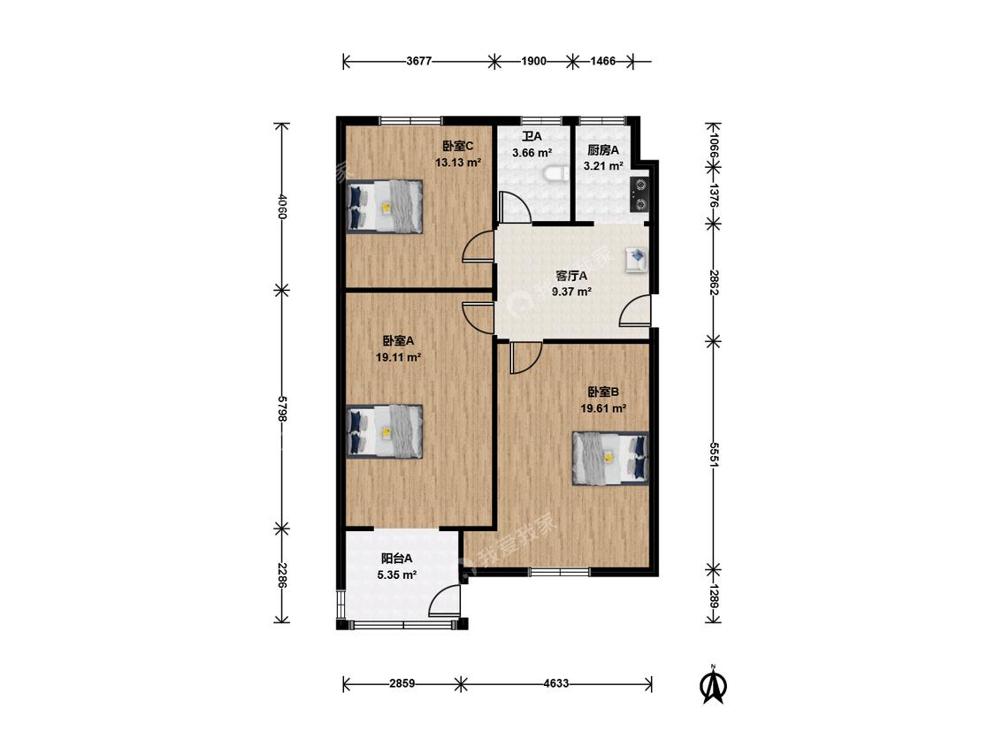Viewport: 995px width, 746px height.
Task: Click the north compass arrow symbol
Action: [x=713, y=685]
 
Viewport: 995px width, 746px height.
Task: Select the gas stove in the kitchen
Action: [x=639, y=194]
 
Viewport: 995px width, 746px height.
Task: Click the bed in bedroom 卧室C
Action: [x=384, y=207]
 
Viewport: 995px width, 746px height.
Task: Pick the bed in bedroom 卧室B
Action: [x=610, y=459]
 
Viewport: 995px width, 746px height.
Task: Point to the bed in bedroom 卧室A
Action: [x=384, y=431]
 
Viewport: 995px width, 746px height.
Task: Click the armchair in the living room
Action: [x=637, y=260]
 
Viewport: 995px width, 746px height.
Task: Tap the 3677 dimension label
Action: [x=419, y=62]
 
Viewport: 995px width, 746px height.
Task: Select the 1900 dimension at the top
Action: [x=533, y=62]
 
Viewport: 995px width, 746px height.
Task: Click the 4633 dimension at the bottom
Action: [x=556, y=684]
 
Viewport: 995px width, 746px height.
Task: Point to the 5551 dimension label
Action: [x=713, y=454]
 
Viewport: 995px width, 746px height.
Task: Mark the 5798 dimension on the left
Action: [x=283, y=408]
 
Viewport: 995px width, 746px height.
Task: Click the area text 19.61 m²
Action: [x=603, y=409]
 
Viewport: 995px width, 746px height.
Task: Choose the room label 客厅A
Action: [x=571, y=276]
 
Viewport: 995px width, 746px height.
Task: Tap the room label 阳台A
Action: [x=396, y=559]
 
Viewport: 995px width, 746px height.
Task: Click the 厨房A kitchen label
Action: [x=603, y=150]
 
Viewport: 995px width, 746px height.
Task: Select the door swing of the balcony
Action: [x=443, y=600]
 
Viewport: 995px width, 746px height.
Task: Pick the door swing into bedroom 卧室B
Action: [x=525, y=357]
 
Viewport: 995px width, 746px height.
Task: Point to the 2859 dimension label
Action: [x=402, y=684]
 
